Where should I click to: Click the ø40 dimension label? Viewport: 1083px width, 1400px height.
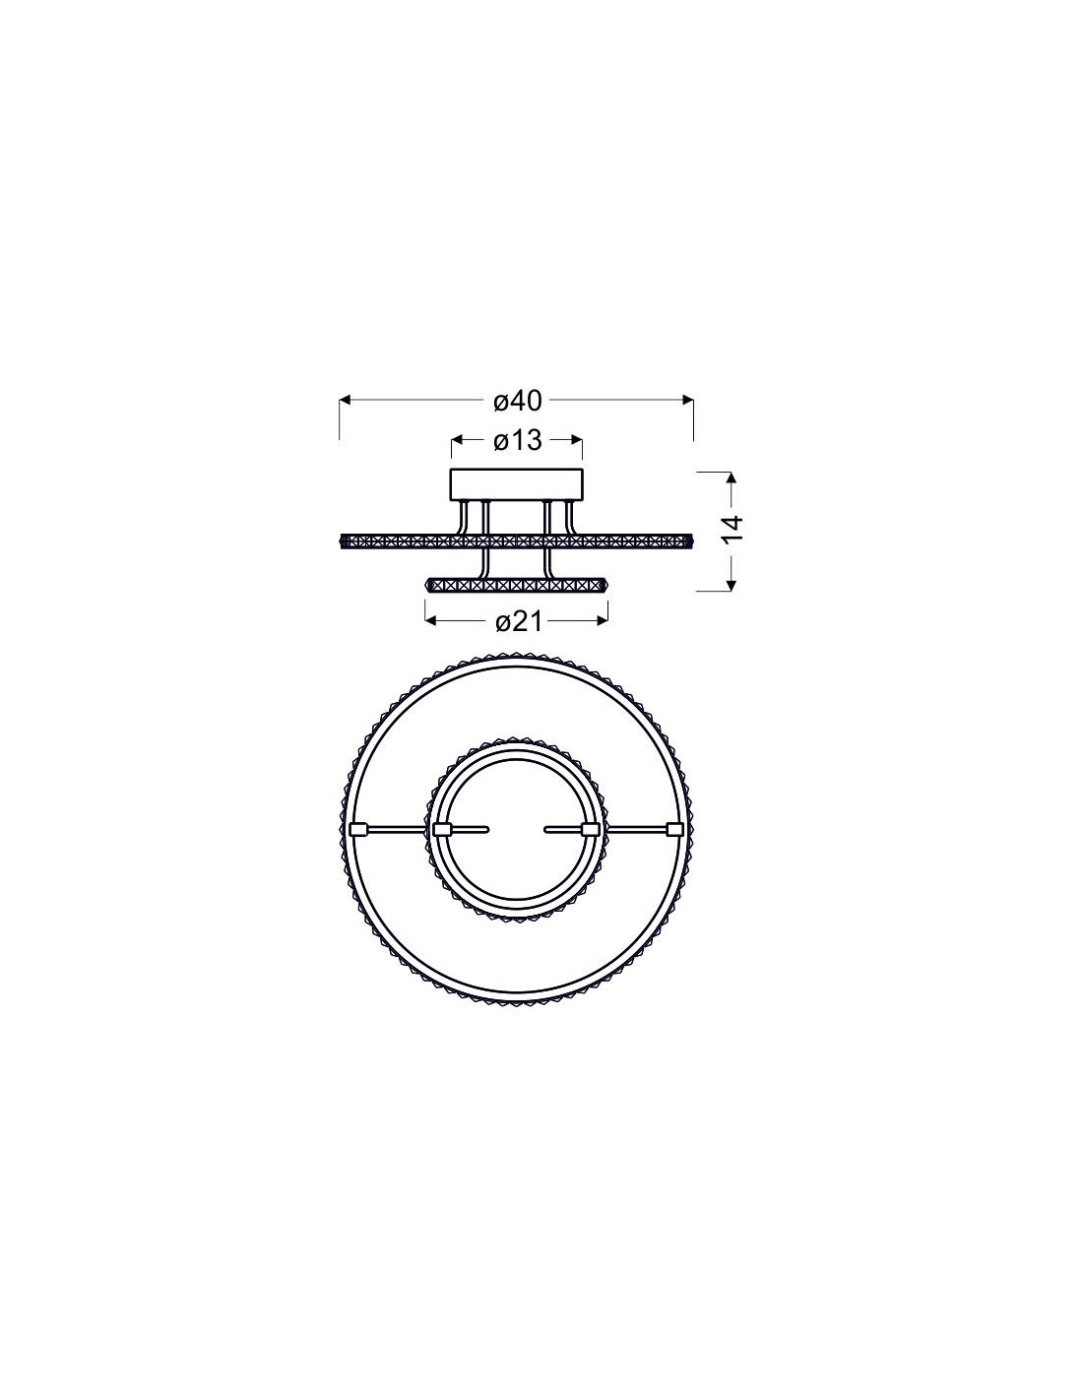click(x=517, y=402)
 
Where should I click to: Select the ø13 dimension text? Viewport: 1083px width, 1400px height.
click(x=517, y=441)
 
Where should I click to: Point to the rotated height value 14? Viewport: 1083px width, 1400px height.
click(x=733, y=529)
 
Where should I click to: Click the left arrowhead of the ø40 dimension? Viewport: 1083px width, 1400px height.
click(x=345, y=400)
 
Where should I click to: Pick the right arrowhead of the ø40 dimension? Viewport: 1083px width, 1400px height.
click(x=688, y=400)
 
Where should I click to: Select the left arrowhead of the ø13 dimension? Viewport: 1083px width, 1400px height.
click(x=456, y=440)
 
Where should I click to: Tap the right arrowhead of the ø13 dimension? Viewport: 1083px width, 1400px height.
click(x=577, y=440)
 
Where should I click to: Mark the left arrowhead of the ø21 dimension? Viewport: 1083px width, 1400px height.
click(x=430, y=620)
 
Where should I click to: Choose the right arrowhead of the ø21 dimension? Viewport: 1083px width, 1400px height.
click(x=603, y=620)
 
